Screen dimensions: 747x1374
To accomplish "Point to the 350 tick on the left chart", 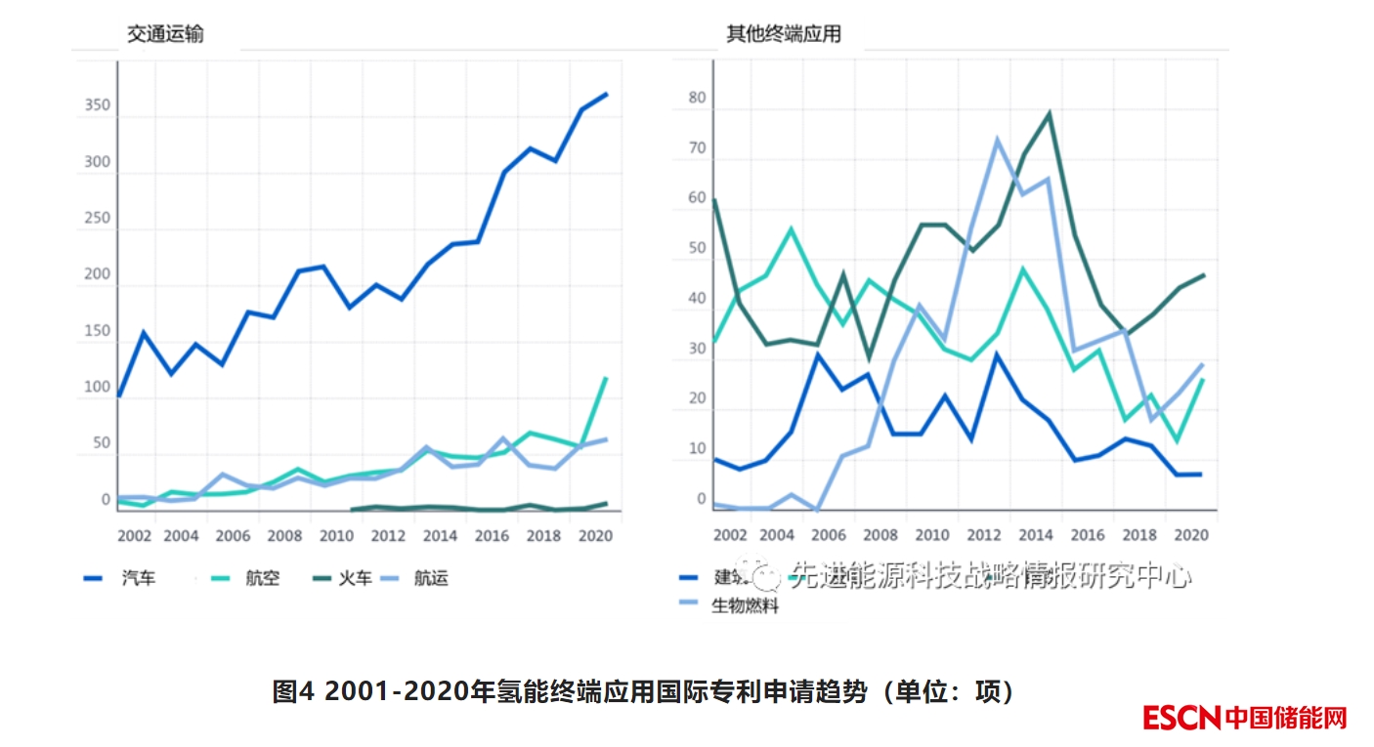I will [x=97, y=105].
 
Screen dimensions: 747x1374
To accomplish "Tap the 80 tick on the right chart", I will [x=697, y=98].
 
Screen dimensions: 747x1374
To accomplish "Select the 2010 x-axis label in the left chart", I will [x=336, y=536].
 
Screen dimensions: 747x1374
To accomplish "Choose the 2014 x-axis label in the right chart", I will [x=1037, y=536].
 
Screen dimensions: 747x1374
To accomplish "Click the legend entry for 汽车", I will [x=138, y=578].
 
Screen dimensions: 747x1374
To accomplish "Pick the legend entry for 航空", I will [x=262, y=578].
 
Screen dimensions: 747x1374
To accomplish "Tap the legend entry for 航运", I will [x=431, y=578].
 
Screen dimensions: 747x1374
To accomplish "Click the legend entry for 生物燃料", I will [x=745, y=606].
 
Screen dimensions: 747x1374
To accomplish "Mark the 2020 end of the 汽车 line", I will [x=607, y=94].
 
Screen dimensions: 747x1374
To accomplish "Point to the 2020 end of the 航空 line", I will [x=607, y=377].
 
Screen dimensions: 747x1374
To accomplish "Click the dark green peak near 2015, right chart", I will [x=1049, y=113].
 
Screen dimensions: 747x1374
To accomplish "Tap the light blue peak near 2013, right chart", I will [x=998, y=139].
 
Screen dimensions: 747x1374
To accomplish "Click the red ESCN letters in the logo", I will [x=1181, y=718].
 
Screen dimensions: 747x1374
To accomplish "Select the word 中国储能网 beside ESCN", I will [x=1285, y=718].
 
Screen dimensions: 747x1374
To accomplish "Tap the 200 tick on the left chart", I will [x=97, y=274].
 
